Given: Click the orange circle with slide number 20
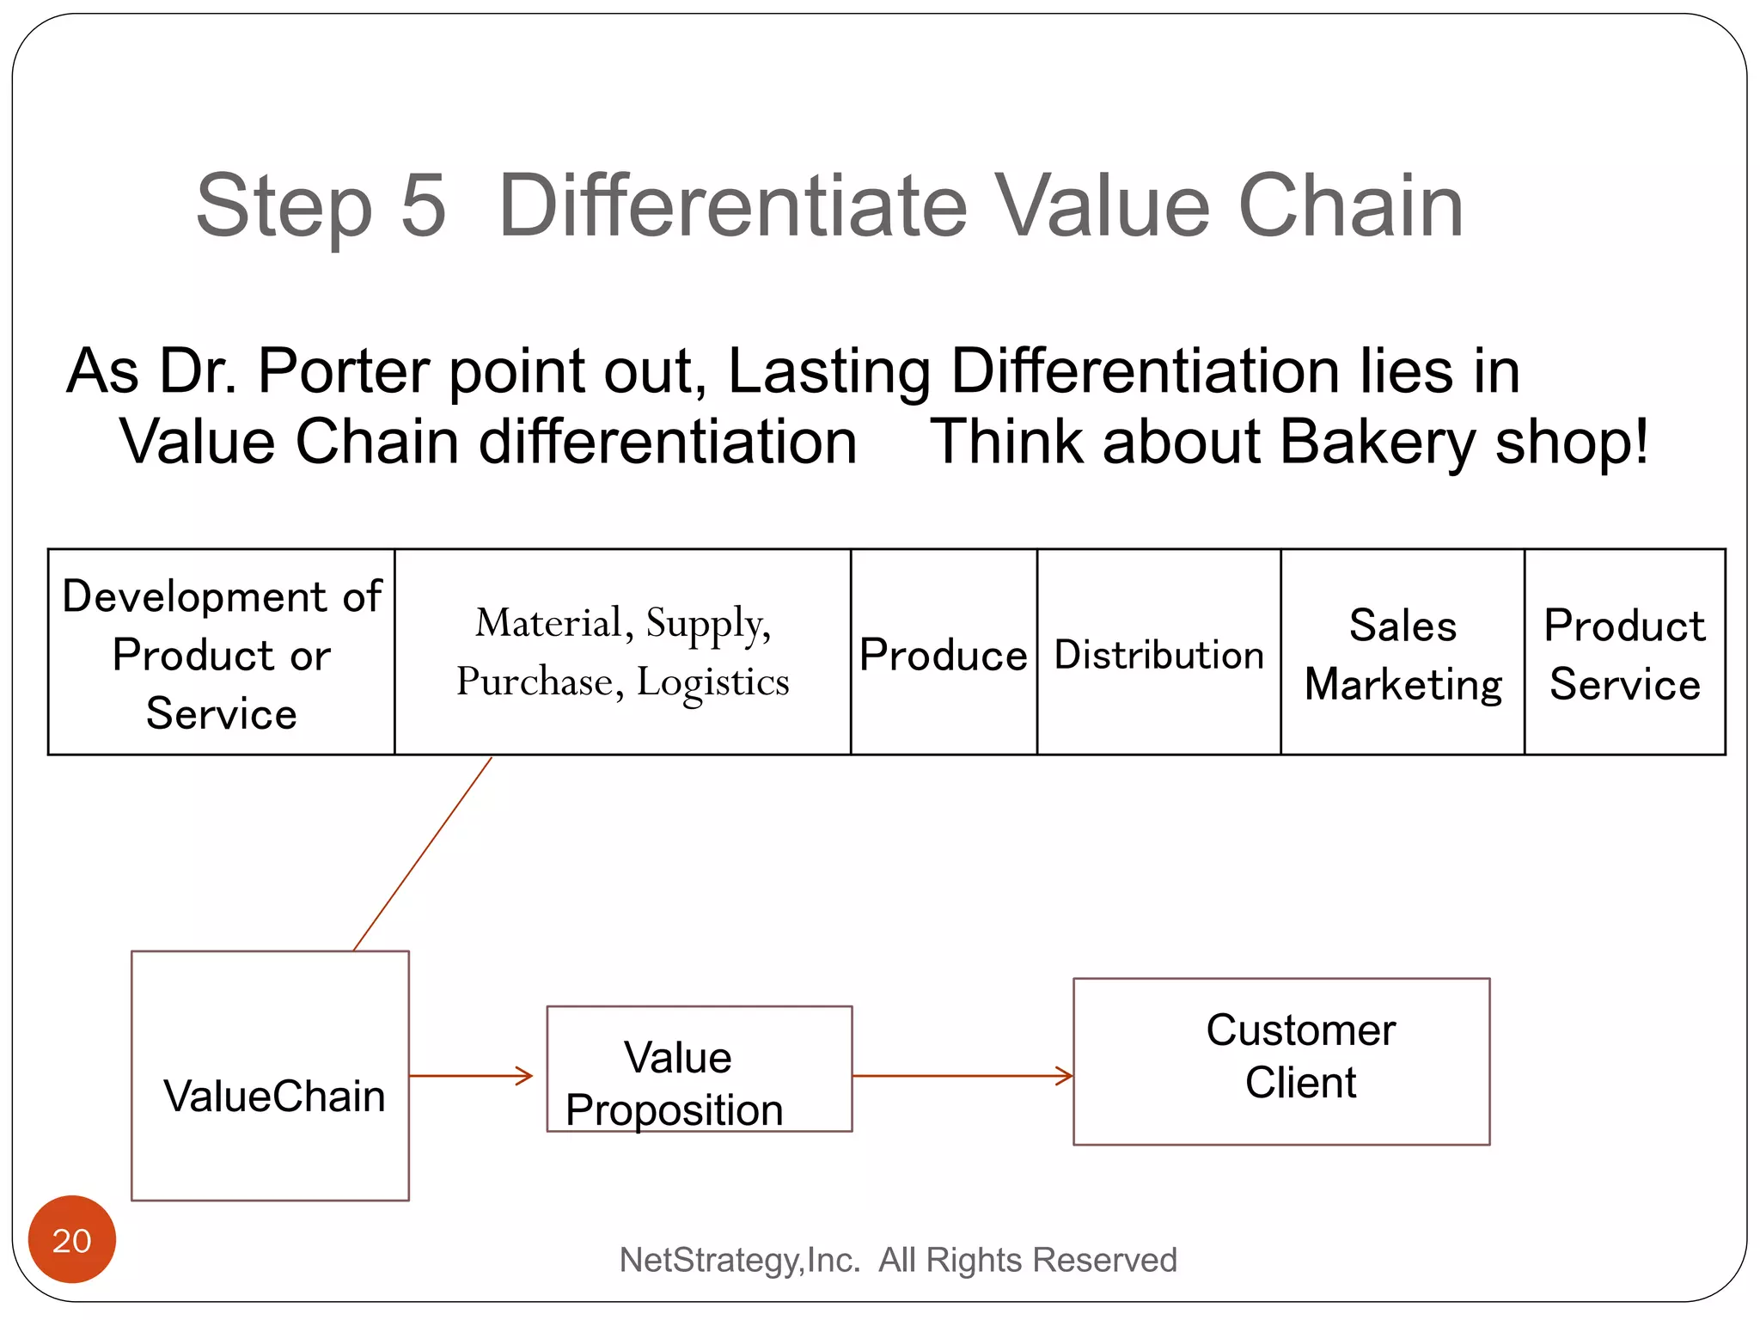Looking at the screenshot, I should pyautogui.click(x=72, y=1239).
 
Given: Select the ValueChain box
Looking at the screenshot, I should pyautogui.click(x=271, y=1075).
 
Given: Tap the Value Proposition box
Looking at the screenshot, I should pyautogui.click(x=699, y=1069).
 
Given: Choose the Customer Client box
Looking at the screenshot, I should pyautogui.click(x=1280, y=1061).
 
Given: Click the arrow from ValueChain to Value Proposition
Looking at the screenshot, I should pyautogui.click(x=471, y=1075).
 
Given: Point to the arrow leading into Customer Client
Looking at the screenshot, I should pyautogui.click(x=962, y=1075).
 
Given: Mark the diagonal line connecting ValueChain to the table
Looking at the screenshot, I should pyautogui.click(x=422, y=853).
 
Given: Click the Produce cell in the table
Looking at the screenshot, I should pyautogui.click(x=944, y=653).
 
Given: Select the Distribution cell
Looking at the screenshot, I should pyautogui.click(x=1158, y=653).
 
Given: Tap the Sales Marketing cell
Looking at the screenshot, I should pyautogui.click(x=1402, y=653).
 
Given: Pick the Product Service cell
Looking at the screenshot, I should pyautogui.click(x=1624, y=653).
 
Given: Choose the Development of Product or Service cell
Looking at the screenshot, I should pyautogui.click(x=222, y=653).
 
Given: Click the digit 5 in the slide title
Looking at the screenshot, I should pyautogui.click(x=424, y=206).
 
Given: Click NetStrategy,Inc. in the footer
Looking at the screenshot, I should pyautogui.click(x=739, y=1260).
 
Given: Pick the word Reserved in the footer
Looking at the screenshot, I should pyautogui.click(x=1104, y=1260).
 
